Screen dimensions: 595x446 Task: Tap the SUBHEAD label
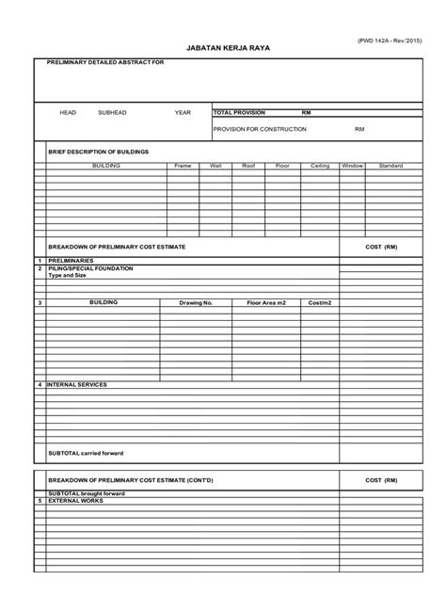coord(112,112)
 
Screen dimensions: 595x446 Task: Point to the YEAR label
coord(183,112)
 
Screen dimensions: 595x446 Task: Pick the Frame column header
coord(183,165)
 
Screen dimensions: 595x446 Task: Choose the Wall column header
coord(215,165)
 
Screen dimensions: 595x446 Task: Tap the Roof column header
coord(248,165)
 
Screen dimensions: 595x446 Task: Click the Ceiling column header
coord(319,165)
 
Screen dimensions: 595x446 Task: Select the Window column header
coord(352,165)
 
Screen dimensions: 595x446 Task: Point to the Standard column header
coord(390,165)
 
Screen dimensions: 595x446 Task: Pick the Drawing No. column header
coord(197,303)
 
